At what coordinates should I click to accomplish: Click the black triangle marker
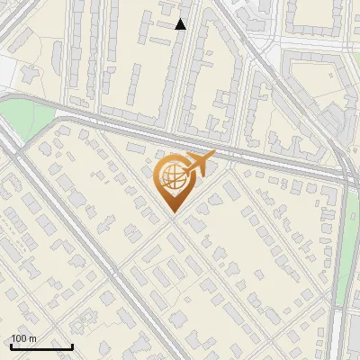(181, 24)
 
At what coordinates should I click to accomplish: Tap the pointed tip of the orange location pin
(172, 211)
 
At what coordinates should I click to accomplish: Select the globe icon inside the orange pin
(171, 177)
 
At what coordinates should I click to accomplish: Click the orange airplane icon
(200, 163)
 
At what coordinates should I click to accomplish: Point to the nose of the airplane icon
(213, 155)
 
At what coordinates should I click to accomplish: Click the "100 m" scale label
(23, 338)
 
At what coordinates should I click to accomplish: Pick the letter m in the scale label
(32, 338)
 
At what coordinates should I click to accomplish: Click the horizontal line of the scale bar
(41, 346)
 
